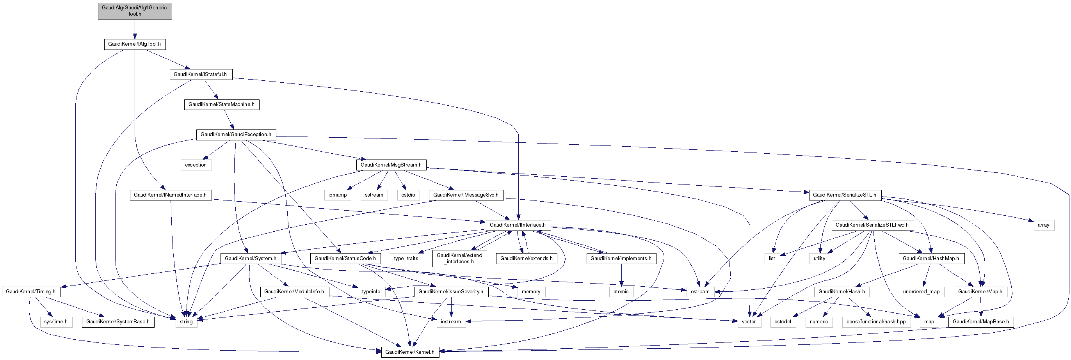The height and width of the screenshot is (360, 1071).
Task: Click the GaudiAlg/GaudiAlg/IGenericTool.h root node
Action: pos(135,11)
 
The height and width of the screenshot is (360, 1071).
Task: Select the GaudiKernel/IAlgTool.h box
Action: pos(135,44)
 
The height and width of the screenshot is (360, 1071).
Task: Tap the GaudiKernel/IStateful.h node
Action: pos(200,74)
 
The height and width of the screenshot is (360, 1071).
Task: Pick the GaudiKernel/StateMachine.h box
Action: pos(222,105)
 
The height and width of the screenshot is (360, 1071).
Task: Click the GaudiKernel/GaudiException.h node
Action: pos(236,135)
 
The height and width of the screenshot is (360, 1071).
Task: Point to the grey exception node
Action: pos(196,165)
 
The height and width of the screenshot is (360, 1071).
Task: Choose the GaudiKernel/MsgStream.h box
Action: pos(391,165)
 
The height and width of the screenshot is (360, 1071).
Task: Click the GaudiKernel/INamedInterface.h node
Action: pos(171,195)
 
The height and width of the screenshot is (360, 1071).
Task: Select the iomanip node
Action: pos(338,195)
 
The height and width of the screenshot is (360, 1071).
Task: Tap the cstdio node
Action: pos(408,195)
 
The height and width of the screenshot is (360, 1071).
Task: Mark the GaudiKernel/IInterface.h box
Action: pos(518,225)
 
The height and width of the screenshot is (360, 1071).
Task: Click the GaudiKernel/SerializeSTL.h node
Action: pos(845,195)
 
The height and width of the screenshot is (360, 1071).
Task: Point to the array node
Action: pos(1044,225)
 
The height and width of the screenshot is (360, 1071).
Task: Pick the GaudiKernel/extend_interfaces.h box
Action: pos(460,259)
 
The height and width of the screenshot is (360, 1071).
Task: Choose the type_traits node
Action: pos(406,259)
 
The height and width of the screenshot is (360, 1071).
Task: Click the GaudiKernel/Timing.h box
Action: pos(31,292)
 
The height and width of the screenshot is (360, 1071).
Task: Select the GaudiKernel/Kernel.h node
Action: pos(410,352)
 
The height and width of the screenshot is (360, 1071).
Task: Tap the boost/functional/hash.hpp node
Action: pos(876,322)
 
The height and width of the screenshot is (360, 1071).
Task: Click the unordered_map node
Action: pos(922,292)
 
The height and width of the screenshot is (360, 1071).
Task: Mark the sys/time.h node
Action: pos(56,322)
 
